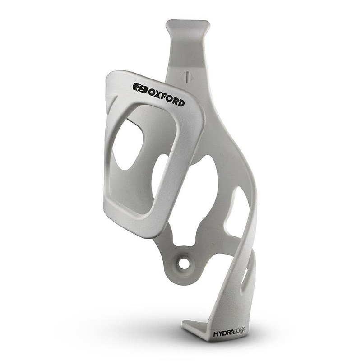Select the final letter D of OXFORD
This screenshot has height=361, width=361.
[181, 102]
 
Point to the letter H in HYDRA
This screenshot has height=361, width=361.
[215, 334]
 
